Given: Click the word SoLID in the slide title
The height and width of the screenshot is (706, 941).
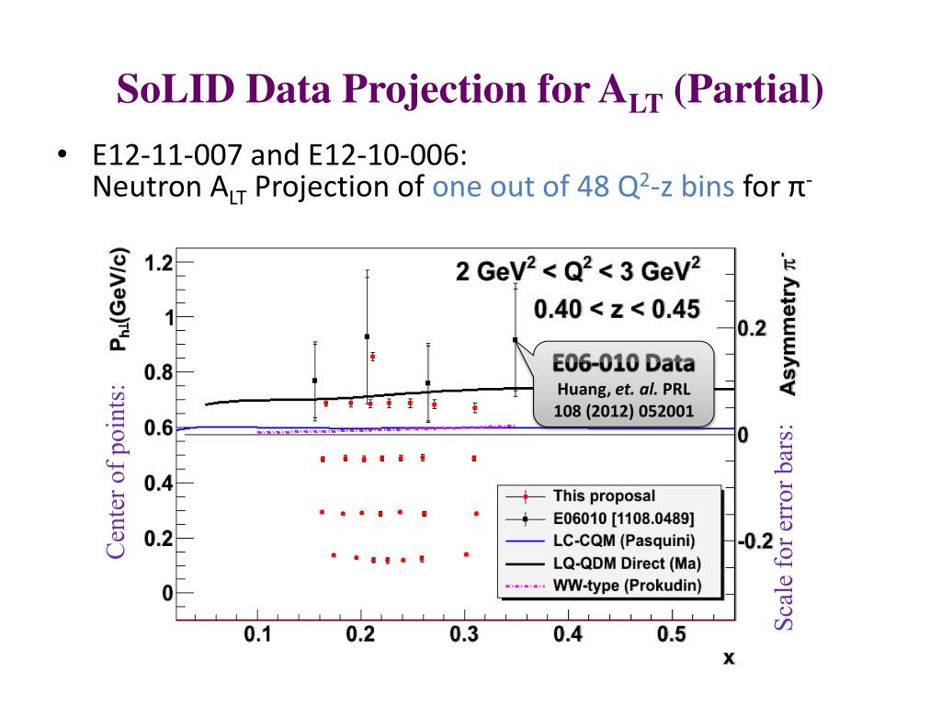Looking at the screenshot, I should tap(174, 90).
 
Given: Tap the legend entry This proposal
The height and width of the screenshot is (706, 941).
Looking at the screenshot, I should tap(604, 496).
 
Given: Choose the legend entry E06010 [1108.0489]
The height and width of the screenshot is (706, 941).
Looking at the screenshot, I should tap(623, 518).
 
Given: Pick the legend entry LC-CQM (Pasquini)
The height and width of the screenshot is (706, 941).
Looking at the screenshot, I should tap(623, 541).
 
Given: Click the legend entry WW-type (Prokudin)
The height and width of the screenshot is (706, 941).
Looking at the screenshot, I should tap(627, 586).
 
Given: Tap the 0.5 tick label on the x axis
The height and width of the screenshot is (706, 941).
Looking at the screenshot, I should tap(673, 635).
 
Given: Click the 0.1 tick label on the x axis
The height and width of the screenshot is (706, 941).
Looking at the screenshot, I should tap(258, 635).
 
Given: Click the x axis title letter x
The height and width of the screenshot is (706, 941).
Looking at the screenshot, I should tap(729, 658).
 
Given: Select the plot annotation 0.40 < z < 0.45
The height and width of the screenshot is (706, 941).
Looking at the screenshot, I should tap(616, 308).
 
